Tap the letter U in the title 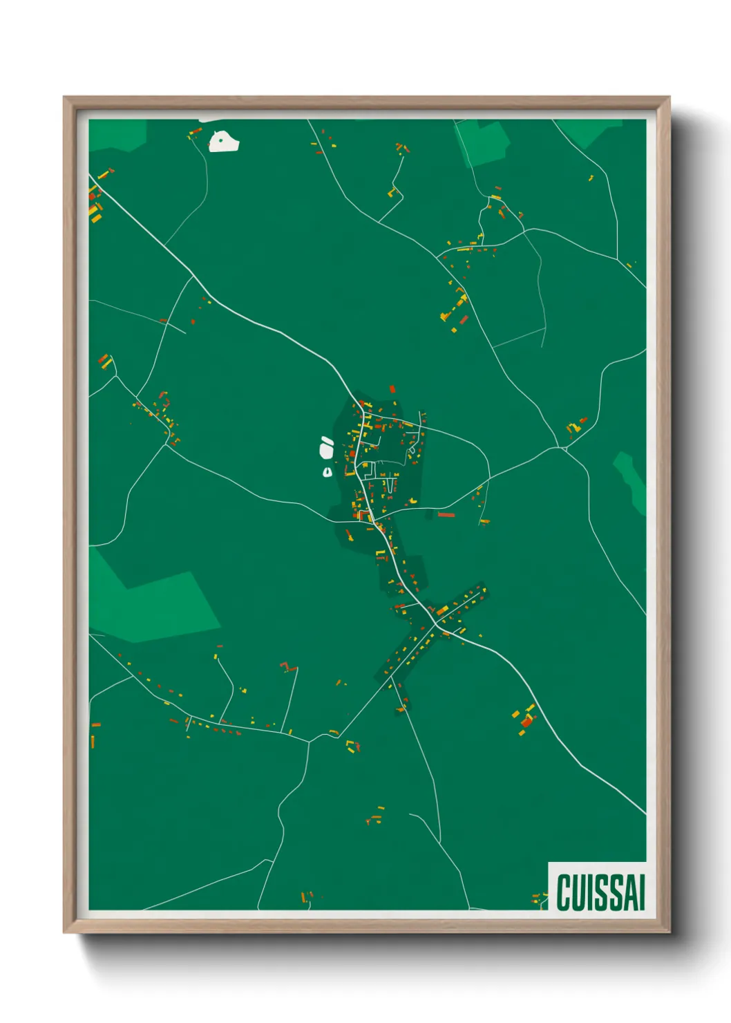[x=580, y=892]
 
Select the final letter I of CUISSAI [x=641, y=892]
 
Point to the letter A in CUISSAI [x=628, y=892]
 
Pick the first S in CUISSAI [x=600, y=892]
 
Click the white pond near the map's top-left [x=224, y=141]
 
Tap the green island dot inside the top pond [x=220, y=140]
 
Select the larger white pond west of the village [x=326, y=449]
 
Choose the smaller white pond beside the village [x=327, y=472]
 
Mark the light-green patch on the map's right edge [x=632, y=480]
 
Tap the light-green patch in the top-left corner [x=117, y=135]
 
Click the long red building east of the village [x=446, y=514]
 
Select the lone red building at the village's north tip [x=392, y=390]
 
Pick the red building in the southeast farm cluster [x=527, y=722]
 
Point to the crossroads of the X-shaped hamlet [x=435, y=625]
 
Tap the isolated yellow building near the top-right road [x=591, y=178]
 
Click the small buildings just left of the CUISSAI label [x=537, y=899]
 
